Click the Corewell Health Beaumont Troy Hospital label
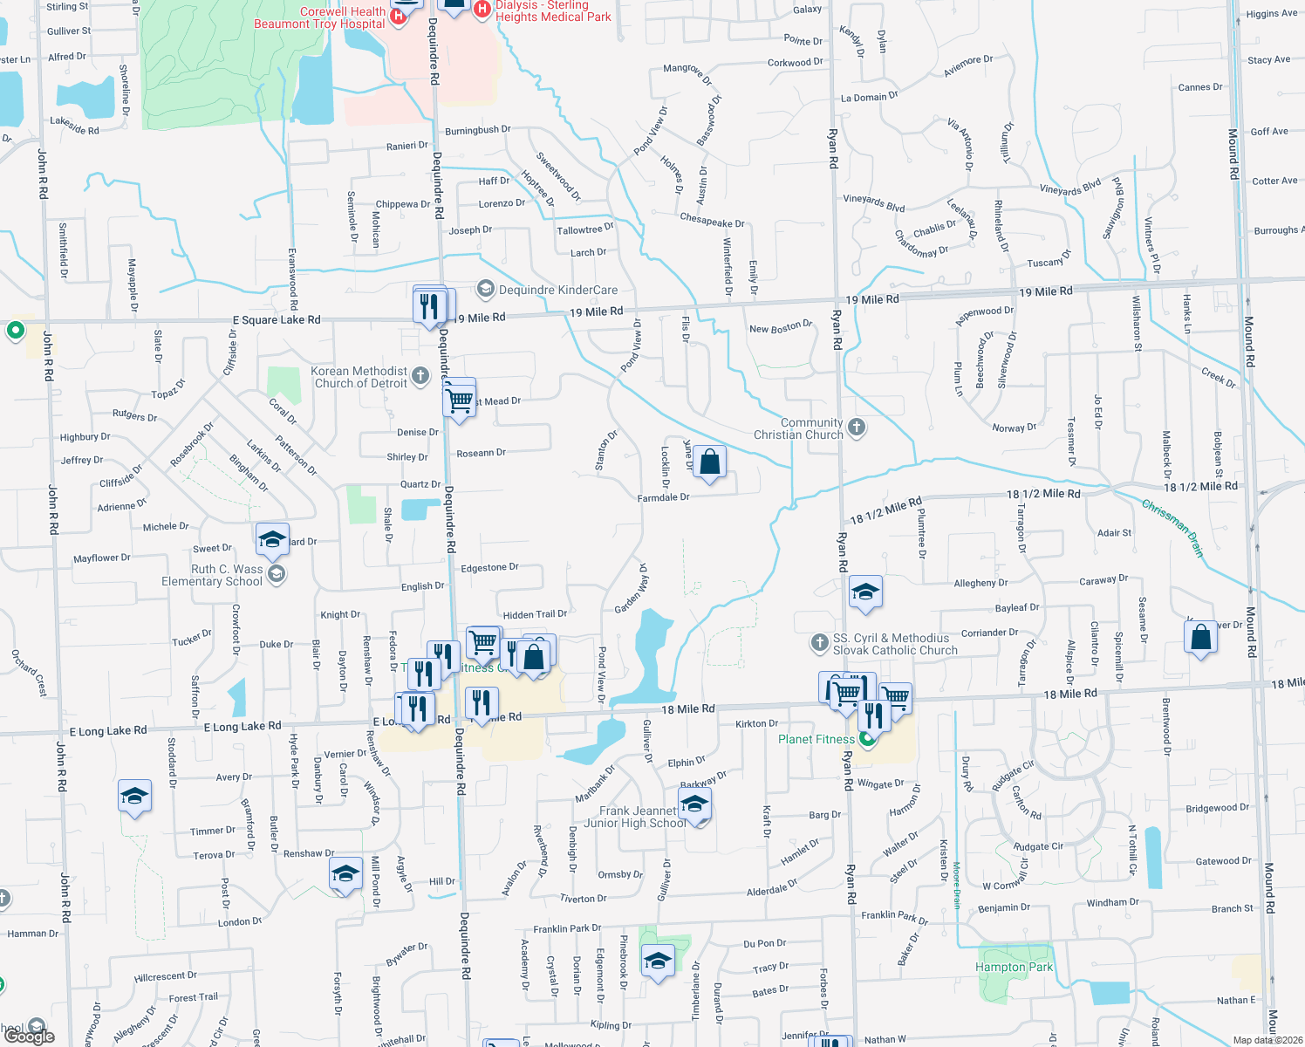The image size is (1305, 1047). pos(319,17)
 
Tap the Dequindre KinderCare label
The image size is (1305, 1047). pos(557,290)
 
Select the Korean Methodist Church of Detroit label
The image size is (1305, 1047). pos(359,377)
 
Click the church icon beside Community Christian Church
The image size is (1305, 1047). pos(857,427)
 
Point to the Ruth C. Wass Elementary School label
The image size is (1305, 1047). pos(212,575)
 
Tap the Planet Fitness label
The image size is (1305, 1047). pos(816,739)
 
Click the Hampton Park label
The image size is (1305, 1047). pos(1014,967)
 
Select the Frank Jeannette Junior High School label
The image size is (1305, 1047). pos(634,817)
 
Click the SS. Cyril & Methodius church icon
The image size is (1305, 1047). pos(818,643)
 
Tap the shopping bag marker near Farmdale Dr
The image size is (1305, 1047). pos(710,462)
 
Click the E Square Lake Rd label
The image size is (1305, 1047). pos(277,320)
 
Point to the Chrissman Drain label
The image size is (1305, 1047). pos(1172,528)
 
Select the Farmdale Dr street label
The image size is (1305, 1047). pos(663,497)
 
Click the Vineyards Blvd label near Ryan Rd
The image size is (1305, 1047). pos(873,203)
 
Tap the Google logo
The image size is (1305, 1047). pos(30,1036)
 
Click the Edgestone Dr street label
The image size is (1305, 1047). pos(489,568)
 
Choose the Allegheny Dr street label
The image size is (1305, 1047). pos(980,583)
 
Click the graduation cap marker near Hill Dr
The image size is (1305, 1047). pos(345,874)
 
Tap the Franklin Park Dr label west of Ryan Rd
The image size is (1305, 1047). pos(567,929)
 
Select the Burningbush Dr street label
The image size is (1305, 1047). pos(477,130)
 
